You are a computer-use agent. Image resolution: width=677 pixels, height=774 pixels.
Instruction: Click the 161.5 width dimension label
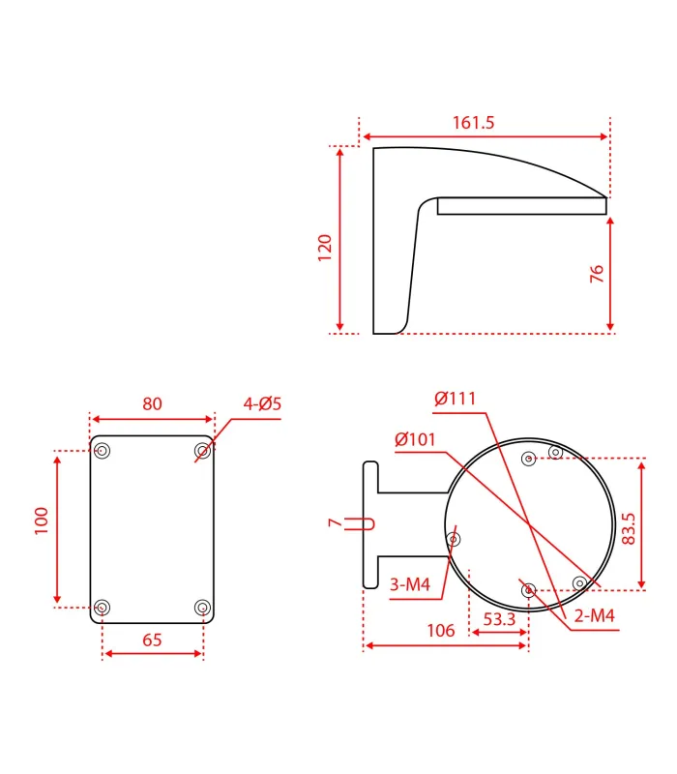(473, 123)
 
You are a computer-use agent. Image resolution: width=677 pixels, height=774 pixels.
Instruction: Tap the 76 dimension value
(596, 274)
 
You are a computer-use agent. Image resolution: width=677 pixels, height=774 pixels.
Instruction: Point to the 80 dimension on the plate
(152, 403)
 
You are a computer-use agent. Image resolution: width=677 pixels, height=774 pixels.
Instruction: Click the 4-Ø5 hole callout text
(261, 403)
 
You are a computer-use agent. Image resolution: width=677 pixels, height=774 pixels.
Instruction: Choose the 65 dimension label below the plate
(152, 640)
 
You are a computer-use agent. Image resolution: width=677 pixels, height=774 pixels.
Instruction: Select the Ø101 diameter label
(416, 440)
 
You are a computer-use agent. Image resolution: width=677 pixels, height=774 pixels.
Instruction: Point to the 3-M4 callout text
(410, 584)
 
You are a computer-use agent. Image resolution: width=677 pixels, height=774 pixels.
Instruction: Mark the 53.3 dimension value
(498, 619)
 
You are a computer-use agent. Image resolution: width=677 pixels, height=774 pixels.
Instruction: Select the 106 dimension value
(440, 631)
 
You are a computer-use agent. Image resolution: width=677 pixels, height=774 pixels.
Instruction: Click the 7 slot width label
(335, 522)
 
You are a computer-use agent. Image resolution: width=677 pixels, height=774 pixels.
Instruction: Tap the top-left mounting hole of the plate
(103, 451)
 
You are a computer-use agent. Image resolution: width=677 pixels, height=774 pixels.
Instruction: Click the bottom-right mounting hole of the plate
(201, 607)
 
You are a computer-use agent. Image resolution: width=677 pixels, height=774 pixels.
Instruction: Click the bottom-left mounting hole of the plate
(103, 607)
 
